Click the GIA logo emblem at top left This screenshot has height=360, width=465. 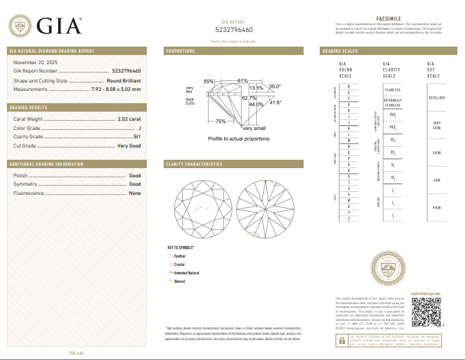(21, 26)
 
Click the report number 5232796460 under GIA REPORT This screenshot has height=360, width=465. (232, 29)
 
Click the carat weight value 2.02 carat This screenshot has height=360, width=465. (129, 119)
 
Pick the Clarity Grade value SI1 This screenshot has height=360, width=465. (137, 136)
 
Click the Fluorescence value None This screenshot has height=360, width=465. (135, 193)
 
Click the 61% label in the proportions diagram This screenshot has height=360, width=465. (242, 80)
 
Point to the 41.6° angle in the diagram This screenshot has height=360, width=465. (275, 102)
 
